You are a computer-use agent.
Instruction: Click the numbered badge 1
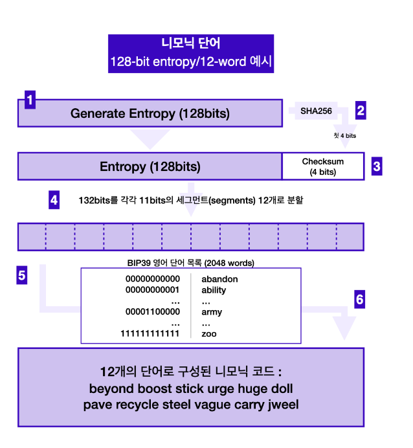[x=29, y=100]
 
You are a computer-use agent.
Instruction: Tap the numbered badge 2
[x=361, y=109]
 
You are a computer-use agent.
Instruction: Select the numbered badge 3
[x=376, y=166]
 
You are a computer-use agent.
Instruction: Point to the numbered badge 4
[x=54, y=200]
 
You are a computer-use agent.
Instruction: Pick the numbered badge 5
[x=22, y=275]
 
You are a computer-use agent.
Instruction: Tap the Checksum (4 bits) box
[x=323, y=166]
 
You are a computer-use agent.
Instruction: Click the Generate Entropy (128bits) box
[x=150, y=113]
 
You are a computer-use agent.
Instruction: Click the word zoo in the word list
[x=208, y=334]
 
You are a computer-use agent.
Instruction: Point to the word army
[x=212, y=312]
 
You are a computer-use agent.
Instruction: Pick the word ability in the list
[x=214, y=290]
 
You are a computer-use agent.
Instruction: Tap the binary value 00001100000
[x=152, y=312]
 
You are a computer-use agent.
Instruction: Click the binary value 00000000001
[x=152, y=290]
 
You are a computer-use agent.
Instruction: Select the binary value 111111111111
[x=150, y=334]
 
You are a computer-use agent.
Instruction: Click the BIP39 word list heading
[x=190, y=263]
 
